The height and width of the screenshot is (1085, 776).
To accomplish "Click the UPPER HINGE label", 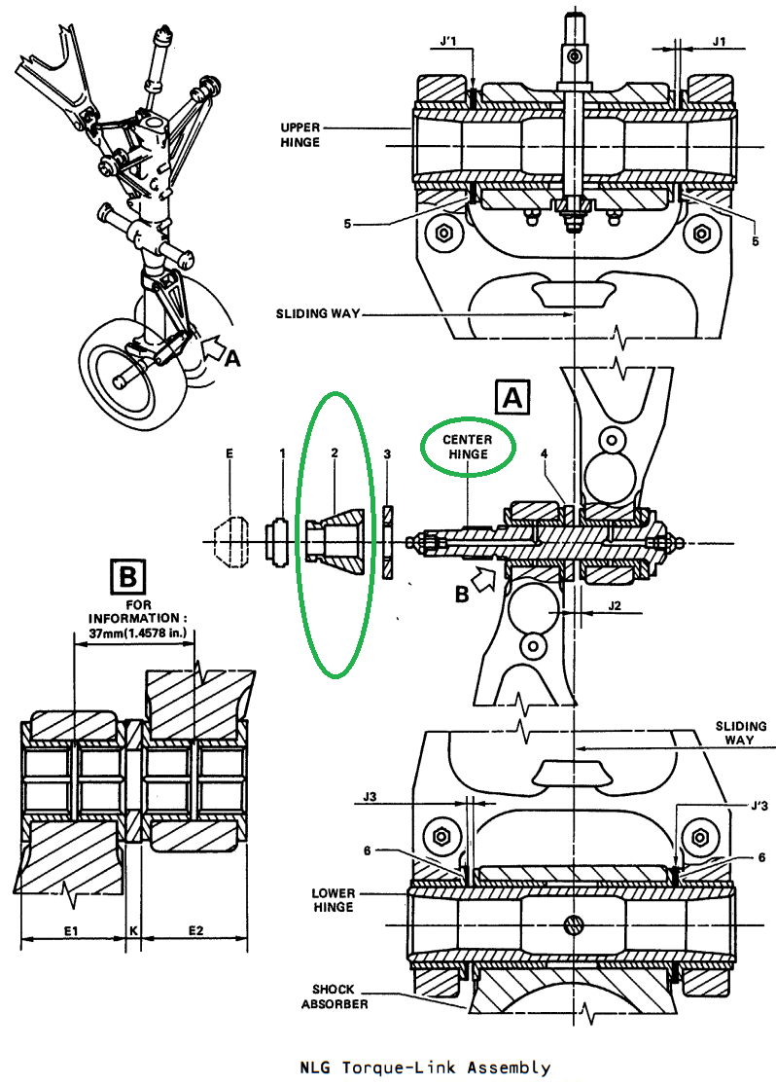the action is click(300, 135).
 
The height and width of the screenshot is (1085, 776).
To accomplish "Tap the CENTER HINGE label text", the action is click(468, 447).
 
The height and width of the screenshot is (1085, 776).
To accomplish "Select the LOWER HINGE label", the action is click(333, 900).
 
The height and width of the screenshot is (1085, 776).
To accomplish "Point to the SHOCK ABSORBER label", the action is click(335, 996).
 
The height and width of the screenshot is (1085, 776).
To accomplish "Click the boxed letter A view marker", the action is click(512, 397).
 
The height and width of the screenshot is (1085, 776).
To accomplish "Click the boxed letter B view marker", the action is click(128, 576).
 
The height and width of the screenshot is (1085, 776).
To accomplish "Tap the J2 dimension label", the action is click(615, 605).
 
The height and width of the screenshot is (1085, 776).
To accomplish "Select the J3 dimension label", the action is click(370, 796).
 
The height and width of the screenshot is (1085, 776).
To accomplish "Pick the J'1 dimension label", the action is click(448, 42).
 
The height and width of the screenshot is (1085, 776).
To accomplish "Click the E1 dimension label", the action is click(71, 930).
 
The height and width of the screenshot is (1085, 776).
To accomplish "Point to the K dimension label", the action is click(133, 930).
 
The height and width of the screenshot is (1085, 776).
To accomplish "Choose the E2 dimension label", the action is click(195, 930).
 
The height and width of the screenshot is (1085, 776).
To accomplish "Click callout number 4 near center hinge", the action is click(545, 453).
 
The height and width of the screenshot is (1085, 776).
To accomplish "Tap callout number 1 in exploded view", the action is click(282, 453).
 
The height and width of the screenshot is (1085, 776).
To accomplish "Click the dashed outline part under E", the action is click(229, 543).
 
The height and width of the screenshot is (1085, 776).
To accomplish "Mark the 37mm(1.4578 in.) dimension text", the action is click(138, 633).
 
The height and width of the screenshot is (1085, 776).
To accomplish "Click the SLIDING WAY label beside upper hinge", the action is click(318, 313).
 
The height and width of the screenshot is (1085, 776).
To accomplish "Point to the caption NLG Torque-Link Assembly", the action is click(425, 1067).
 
